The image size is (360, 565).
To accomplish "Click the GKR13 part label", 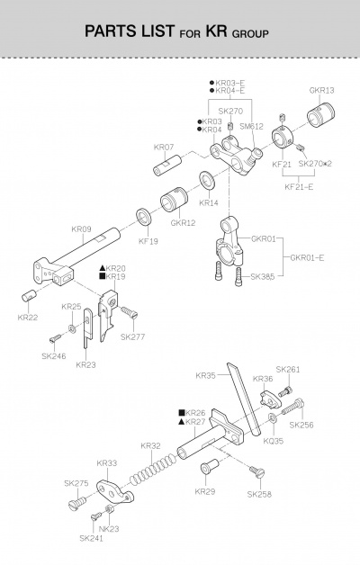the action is coord(321,90).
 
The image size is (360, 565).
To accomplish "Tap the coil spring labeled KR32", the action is coord(153,469).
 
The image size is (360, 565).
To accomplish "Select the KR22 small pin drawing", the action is coord(29,296).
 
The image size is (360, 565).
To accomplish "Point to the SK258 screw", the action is coord(257,471).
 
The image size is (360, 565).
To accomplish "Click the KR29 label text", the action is coord(204,491).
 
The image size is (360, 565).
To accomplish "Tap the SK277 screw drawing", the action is coord(130,312).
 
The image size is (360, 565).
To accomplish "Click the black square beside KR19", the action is coord(102,276).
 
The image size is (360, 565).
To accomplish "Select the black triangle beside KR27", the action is coord(182,422).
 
